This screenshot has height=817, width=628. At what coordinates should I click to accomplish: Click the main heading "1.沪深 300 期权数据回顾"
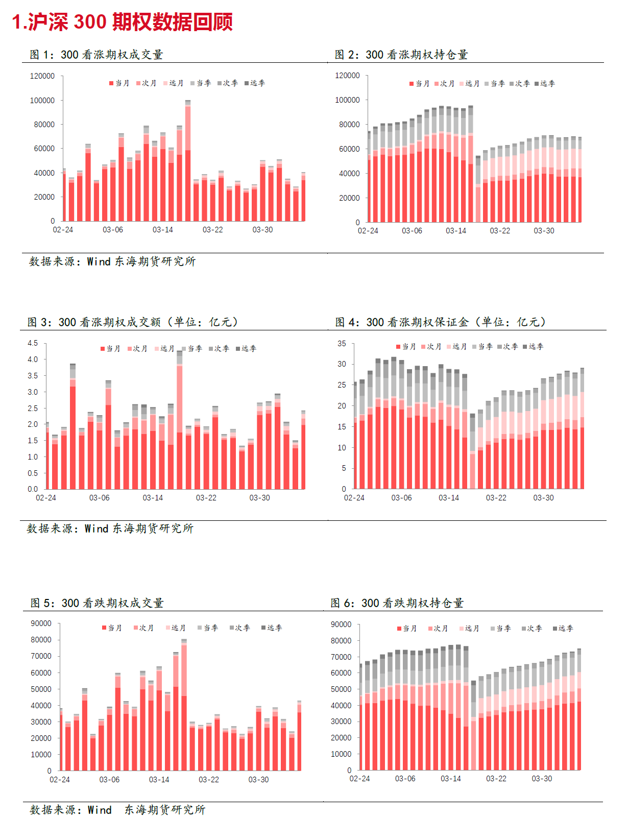[123, 22]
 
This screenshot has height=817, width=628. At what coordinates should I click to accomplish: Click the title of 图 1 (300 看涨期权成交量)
[96, 55]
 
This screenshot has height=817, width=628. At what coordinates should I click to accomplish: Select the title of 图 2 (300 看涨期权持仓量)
[401, 55]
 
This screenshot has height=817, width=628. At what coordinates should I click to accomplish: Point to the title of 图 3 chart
[133, 322]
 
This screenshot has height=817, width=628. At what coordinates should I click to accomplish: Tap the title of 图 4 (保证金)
[441, 322]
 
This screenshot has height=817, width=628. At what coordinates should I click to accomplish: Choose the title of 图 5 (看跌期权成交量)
[97, 603]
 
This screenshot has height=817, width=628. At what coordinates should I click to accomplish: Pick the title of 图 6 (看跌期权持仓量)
[397, 603]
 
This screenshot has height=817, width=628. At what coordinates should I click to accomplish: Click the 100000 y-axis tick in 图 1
[42, 101]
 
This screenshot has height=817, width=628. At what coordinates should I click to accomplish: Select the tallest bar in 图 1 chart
[188, 160]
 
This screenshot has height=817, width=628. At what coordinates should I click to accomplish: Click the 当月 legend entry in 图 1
[119, 83]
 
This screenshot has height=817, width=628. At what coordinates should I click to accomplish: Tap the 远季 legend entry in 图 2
[545, 83]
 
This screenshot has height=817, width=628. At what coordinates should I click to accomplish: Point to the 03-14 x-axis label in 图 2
[456, 230]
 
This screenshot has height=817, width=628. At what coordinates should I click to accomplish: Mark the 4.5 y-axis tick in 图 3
[33, 343]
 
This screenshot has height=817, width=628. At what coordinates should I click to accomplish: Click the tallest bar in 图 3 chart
[179, 420]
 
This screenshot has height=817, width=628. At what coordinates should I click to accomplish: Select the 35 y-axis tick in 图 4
[342, 343]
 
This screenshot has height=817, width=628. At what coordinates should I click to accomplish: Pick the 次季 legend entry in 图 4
[508, 346]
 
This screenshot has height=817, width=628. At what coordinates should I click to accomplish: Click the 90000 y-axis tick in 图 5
[41, 623]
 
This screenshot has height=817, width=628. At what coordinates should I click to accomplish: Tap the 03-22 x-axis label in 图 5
[209, 779]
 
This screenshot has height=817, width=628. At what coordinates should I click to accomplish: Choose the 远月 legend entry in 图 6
[469, 628]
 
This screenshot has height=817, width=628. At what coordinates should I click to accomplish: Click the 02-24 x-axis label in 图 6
[359, 778]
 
